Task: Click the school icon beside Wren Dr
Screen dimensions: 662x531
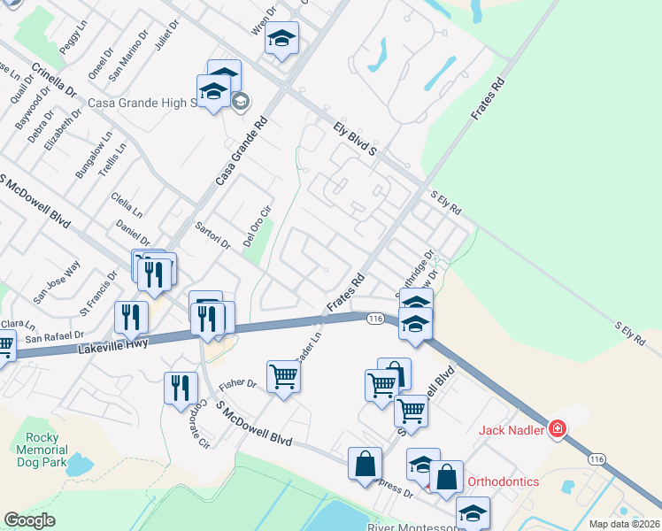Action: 281,39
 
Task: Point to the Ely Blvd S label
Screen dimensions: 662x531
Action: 355,139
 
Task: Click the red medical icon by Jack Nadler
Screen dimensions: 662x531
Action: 558,430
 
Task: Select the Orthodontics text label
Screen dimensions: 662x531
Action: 502,481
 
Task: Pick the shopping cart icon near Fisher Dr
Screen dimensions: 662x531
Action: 283,376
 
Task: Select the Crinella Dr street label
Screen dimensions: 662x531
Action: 54,81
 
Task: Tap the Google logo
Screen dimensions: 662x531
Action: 29,520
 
